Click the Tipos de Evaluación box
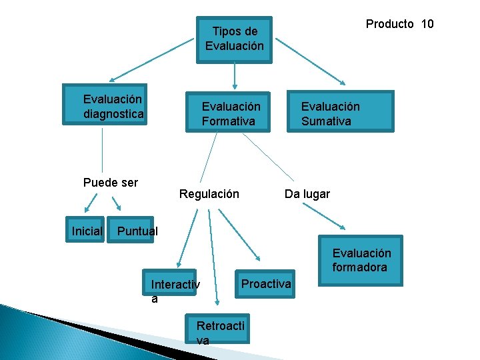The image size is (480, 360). [234, 39]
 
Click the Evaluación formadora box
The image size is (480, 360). [361, 261]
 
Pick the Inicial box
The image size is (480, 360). [86, 231]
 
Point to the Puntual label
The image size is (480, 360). [137, 231]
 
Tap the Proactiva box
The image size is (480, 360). [265, 284]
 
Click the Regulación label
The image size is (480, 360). [209, 194]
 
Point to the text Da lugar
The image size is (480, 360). [307, 194]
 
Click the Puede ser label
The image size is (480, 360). [111, 182]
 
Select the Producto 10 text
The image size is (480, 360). [399, 24]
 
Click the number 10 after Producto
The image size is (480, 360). [427, 24]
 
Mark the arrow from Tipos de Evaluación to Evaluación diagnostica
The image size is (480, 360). [153, 58]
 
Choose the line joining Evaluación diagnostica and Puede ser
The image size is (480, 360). [102, 150]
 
